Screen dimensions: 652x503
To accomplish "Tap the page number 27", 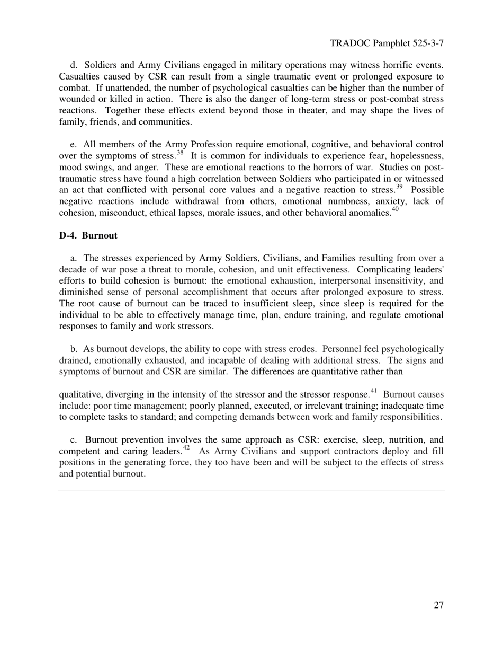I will click(x=438, y=605).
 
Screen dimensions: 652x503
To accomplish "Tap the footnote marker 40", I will click(x=395, y=210).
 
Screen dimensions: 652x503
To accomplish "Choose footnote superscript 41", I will click(x=373, y=391).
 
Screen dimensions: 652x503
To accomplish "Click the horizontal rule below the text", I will click(x=251, y=491).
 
